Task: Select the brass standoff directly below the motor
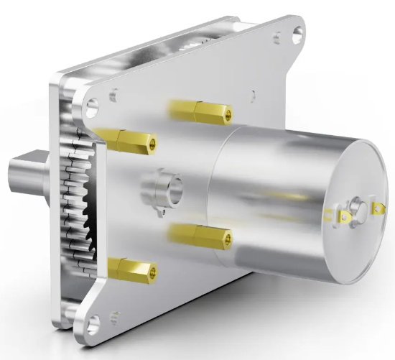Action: point(200,235)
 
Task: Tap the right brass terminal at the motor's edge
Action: point(378,209)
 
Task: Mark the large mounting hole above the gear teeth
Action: point(90,109)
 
